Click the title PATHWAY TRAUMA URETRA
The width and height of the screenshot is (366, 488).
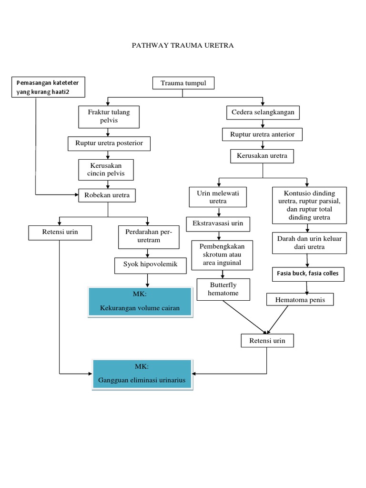183,46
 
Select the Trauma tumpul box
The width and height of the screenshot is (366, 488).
183,83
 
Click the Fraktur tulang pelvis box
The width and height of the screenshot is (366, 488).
109,117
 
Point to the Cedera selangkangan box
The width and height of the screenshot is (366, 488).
263,113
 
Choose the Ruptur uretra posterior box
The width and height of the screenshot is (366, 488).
109,143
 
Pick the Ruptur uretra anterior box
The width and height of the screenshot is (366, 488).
263,135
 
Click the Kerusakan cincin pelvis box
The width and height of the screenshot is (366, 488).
106,169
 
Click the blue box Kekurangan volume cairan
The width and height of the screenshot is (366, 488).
140,302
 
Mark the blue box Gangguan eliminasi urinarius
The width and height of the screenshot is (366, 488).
142,375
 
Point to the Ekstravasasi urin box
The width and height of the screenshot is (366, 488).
218,223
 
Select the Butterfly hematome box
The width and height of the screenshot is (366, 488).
223,289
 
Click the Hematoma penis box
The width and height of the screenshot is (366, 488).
299,299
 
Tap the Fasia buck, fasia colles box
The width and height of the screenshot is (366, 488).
308,274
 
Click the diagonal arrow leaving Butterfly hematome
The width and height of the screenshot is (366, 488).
243,316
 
